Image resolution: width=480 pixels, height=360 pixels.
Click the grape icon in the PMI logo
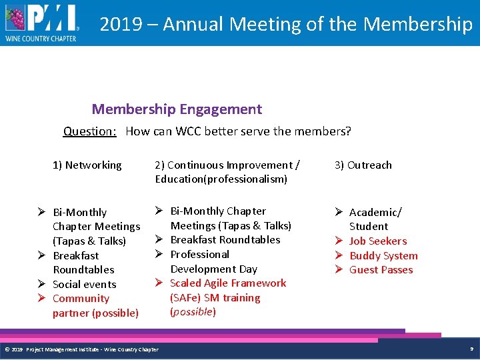click(x=17, y=18)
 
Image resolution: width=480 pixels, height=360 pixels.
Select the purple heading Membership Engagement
click(x=177, y=109)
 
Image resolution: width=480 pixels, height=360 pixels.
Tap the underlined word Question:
click(x=90, y=131)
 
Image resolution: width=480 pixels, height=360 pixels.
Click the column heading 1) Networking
click(x=87, y=165)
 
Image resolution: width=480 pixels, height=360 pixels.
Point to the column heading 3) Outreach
click(x=363, y=165)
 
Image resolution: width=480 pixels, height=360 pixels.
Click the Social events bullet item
click(x=84, y=285)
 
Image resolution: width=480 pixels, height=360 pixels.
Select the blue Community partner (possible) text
click(x=95, y=306)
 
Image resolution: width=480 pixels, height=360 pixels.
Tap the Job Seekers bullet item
click(x=377, y=241)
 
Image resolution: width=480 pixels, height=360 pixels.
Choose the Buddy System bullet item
click(x=383, y=256)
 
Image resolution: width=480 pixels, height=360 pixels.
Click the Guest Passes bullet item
click(x=381, y=270)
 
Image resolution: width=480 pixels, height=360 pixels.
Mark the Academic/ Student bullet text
click(x=375, y=219)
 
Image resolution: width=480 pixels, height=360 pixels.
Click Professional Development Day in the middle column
click(x=213, y=262)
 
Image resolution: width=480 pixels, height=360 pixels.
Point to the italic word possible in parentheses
click(x=193, y=312)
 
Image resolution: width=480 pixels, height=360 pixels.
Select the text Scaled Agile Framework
click(x=228, y=283)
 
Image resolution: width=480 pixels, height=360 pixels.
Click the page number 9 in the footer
click(x=471, y=349)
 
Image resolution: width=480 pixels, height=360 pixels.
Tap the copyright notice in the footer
click(x=81, y=349)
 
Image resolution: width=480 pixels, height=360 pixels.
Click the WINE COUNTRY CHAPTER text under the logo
click(x=41, y=39)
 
